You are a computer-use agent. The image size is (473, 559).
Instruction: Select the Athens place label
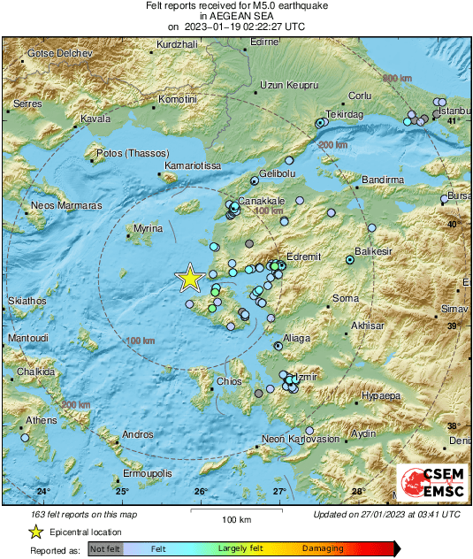42,420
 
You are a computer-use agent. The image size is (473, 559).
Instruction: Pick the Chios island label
229,382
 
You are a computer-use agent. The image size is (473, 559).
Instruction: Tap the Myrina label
147,228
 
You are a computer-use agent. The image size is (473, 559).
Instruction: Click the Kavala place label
95,118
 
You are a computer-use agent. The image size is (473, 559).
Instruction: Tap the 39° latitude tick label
454,326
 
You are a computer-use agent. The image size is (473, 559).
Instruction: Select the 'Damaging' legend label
323,548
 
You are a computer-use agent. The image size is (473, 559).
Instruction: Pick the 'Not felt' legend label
104,548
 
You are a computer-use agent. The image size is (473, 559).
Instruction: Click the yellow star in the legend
35,532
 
